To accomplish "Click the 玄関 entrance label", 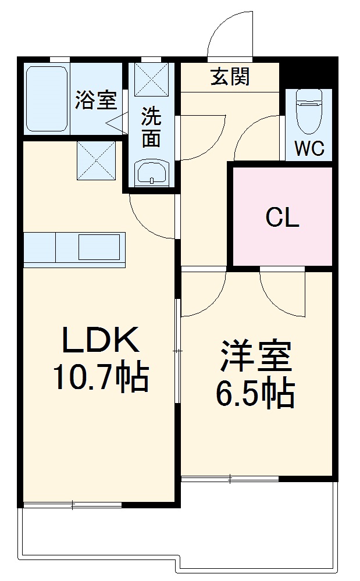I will point(230,77).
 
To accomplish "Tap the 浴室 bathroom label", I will point(96,100).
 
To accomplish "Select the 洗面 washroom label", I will point(151,127).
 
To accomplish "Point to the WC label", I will point(308,148).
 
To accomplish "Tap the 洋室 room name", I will point(255,357).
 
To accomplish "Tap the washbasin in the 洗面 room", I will point(151,173).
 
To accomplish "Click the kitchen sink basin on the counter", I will point(100,247).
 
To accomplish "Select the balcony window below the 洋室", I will point(230,479).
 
